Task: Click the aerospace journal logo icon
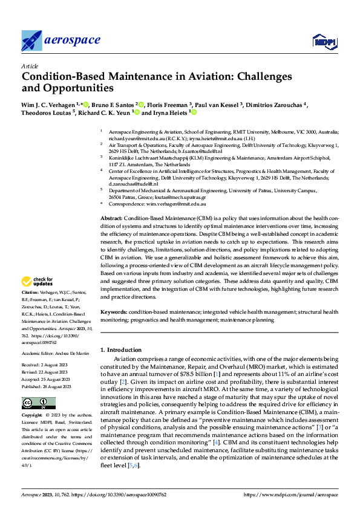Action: [31, 40]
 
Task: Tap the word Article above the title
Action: [30, 66]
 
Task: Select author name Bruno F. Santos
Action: [115, 104]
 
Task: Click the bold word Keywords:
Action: [113, 311]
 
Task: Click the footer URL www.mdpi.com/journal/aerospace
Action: [290, 495]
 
